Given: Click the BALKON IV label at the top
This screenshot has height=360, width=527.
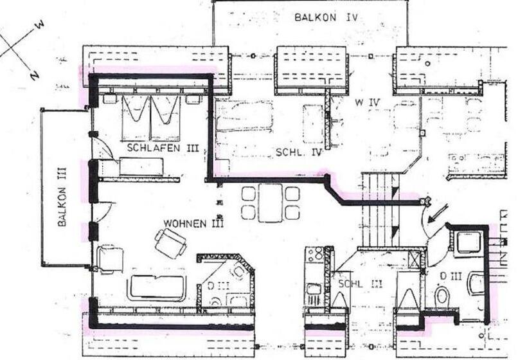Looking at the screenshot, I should (326, 17).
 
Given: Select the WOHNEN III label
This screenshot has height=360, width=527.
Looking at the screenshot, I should (193, 224).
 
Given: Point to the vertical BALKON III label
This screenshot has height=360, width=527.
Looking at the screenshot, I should (62, 206).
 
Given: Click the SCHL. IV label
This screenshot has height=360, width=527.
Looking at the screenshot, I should (298, 152).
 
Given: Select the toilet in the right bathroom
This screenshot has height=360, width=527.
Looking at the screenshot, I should (442, 296).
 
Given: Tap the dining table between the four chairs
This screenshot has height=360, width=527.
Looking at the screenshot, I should (270, 202).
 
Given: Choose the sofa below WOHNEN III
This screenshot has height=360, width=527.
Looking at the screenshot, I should (157, 287).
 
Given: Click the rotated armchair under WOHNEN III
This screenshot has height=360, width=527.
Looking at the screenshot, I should (170, 244).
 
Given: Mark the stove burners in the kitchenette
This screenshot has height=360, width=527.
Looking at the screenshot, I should (315, 255).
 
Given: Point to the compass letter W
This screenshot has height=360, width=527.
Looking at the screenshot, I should (40, 24).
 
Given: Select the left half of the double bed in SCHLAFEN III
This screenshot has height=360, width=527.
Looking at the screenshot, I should (136, 116).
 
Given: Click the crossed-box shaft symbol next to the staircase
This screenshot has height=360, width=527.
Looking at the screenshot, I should (416, 259).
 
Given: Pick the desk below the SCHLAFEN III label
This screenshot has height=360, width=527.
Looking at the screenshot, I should (141, 167).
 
